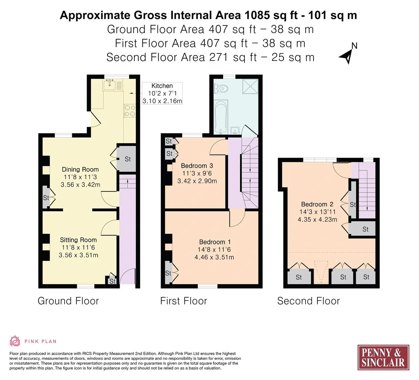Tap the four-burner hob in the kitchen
[130, 111]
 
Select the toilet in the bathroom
[220, 88]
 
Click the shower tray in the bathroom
[250, 86]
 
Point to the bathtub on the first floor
[221, 117]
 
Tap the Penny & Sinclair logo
[383, 357]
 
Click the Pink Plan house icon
[15, 341]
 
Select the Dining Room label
[80, 169]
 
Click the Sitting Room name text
[78, 240]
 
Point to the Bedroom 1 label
[215, 242]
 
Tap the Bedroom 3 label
[197, 166]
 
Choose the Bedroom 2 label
[317, 204]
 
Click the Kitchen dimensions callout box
[162, 93]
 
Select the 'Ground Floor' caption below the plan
[68, 301]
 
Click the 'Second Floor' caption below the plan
[309, 301]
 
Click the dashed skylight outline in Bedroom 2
[321, 272]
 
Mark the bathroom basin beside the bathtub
[235, 131]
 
